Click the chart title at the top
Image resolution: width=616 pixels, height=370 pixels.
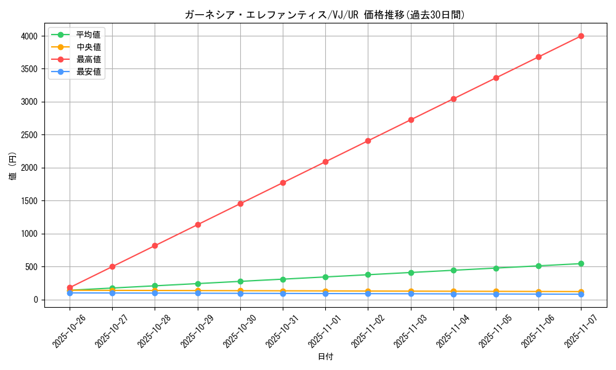(x=325, y=15)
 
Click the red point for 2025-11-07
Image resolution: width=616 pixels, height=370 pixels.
(x=581, y=36)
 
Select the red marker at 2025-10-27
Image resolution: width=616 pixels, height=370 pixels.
(x=112, y=266)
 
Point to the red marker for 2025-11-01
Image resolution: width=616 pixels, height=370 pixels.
(x=325, y=162)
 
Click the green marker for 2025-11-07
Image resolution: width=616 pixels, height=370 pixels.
(x=581, y=264)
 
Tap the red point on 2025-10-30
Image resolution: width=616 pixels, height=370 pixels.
(x=240, y=203)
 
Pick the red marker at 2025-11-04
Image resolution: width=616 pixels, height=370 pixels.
(x=453, y=99)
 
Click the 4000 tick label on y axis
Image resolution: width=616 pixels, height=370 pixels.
(x=30, y=36)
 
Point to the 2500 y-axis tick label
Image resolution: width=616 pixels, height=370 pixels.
(x=30, y=135)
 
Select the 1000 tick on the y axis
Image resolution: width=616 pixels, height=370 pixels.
(x=30, y=234)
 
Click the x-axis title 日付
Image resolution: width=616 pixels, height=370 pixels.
(x=325, y=357)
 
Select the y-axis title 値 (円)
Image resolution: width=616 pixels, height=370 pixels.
(x=13, y=168)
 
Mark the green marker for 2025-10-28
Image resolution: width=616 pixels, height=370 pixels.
(x=155, y=286)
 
